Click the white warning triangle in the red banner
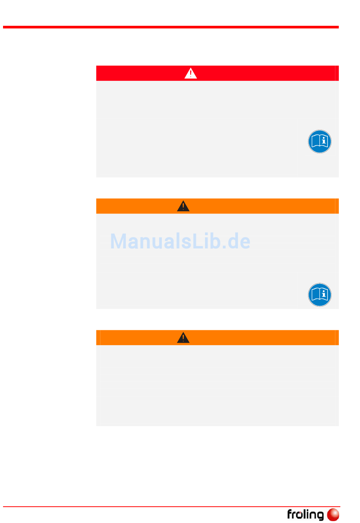pyautogui.click(x=191, y=73)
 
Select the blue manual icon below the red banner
pyautogui.click(x=319, y=141)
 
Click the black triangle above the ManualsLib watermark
pyautogui.click(x=183, y=206)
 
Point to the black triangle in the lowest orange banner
pyautogui.click(x=183, y=338)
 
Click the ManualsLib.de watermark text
pyautogui.click(x=180, y=241)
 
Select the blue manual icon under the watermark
pyautogui.click(x=319, y=295)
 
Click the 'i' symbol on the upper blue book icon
pyautogui.click(x=324, y=141)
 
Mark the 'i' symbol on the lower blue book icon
pyautogui.click(x=324, y=294)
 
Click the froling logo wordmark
pyautogui.click(x=305, y=515)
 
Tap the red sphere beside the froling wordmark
pyautogui.click(x=333, y=515)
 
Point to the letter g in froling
pyautogui.click(x=319, y=516)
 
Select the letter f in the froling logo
pyautogui.click(x=290, y=514)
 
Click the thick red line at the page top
pyautogui.click(x=171, y=27)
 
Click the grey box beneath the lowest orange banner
pyautogui.click(x=217, y=385)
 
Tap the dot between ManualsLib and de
pyautogui.click(x=224, y=247)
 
